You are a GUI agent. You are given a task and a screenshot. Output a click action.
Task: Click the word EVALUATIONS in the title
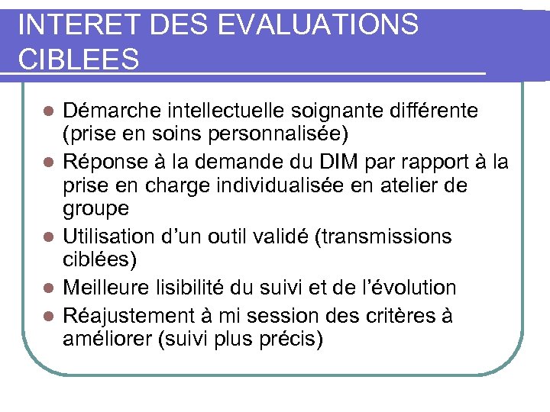(318, 24)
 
